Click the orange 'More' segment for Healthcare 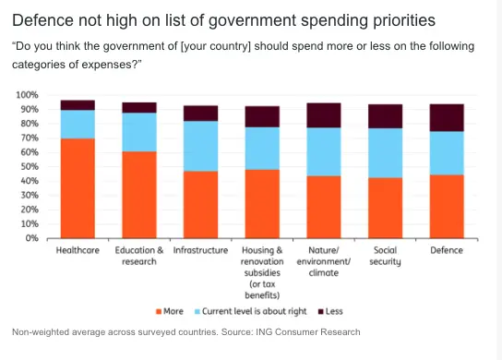[78, 188]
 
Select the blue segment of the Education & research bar [139, 132]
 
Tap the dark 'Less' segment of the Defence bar [447, 117]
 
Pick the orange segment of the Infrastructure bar [201, 205]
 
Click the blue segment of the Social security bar [385, 153]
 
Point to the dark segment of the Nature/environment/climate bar [324, 115]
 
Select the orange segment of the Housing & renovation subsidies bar [262, 204]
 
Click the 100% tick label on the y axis [27, 95]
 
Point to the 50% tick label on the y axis [30, 166]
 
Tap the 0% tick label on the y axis [31, 238]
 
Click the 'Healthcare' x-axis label [78, 250]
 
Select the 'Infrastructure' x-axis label [201, 250]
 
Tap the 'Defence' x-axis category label [447, 250]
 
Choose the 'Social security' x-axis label [385, 256]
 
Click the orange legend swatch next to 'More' [159, 312]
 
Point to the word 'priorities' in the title [404, 21]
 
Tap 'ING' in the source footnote [265, 332]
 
